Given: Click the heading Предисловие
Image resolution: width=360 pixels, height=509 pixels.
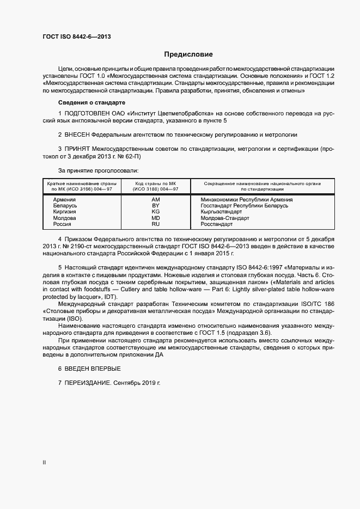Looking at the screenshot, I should tap(188, 54).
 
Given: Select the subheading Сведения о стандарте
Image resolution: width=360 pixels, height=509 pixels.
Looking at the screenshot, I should tap(91, 102).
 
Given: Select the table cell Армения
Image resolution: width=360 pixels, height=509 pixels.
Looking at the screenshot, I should tap(64, 200).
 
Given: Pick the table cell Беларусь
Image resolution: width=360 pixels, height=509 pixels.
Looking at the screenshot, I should tap(65, 206).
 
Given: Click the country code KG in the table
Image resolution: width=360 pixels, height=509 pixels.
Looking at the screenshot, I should tap(155, 212).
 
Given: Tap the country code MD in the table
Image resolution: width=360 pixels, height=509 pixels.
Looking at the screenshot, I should tap(155, 218).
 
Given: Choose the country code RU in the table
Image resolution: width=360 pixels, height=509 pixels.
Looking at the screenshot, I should tap(155, 224).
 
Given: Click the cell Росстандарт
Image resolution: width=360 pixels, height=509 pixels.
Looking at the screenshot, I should tap(217, 224).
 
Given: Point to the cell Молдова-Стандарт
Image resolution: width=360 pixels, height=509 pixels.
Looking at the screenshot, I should tap(225, 218).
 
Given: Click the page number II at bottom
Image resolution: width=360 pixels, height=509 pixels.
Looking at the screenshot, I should tap(44, 462).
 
